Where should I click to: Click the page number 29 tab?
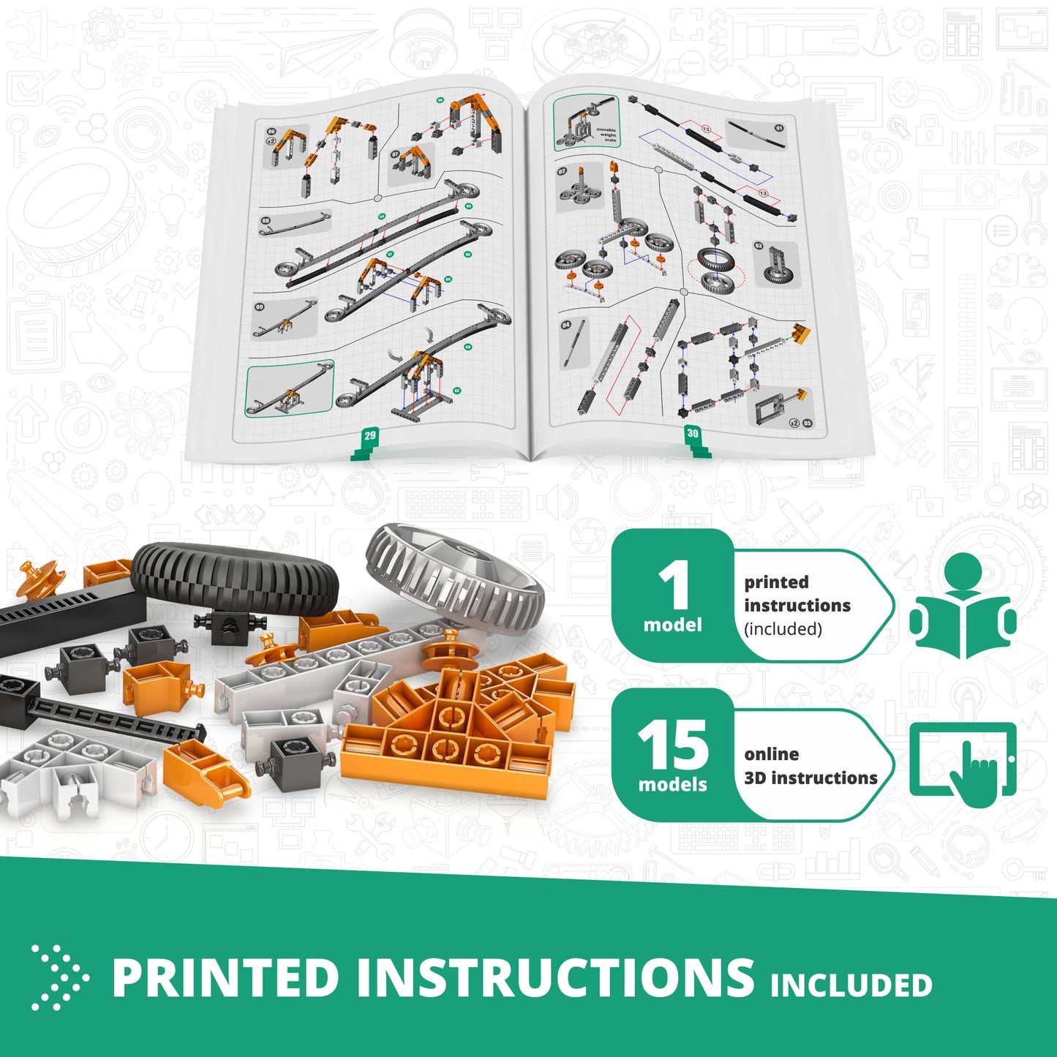[x=369, y=437]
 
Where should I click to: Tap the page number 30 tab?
[x=692, y=435]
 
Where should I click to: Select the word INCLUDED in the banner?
[x=851, y=985]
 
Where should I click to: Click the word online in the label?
[x=771, y=754]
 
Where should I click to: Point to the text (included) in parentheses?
[x=783, y=629]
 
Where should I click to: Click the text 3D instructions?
[x=810, y=778]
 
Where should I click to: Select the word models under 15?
[x=672, y=785]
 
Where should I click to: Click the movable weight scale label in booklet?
[x=606, y=135]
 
